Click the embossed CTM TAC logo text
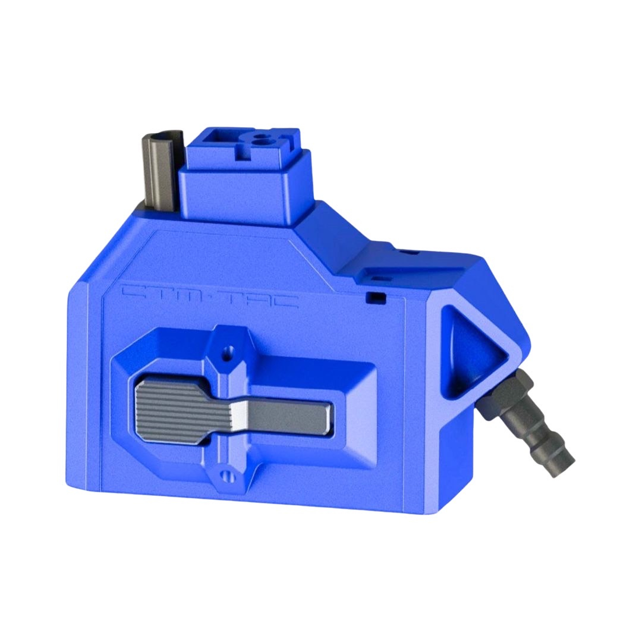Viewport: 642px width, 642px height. [x=209, y=296]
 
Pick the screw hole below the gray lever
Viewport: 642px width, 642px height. [x=225, y=474]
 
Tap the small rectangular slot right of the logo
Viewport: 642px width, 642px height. [x=374, y=295]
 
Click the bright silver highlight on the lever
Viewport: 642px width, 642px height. [x=240, y=415]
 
